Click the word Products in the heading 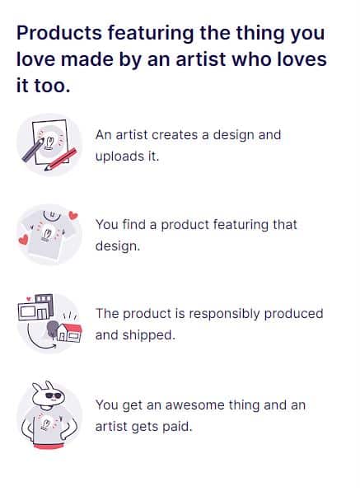(x=59, y=33)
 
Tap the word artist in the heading (x=201, y=59)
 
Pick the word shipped (x=148, y=335)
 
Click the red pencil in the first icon (x=61, y=159)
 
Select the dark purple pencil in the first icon (x=33, y=151)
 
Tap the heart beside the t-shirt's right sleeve (x=73, y=215)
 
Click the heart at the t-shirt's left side (x=23, y=240)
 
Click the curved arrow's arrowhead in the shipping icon (x=54, y=346)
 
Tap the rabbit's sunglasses (x=54, y=395)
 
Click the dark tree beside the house (x=52, y=329)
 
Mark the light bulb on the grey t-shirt (x=47, y=234)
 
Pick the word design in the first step (x=231, y=135)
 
